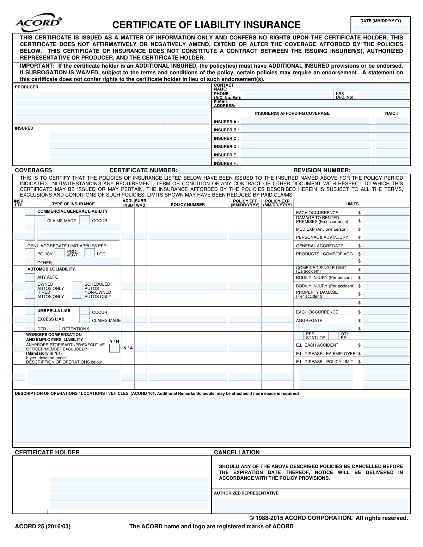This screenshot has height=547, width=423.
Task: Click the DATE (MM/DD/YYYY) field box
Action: [380, 29]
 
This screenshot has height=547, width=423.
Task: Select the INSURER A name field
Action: [306, 122]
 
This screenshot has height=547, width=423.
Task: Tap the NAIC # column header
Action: [392, 113]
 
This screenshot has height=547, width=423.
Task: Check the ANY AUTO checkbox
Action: [30, 277]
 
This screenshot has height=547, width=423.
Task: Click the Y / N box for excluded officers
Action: [114, 348]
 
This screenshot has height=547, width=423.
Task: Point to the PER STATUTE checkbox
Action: [299, 336]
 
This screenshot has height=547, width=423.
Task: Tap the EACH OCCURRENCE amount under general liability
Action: [385, 212]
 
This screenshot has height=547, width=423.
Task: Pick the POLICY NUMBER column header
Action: [188, 204]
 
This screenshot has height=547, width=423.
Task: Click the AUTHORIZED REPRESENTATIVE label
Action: [246, 493]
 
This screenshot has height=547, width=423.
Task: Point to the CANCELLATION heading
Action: [237, 452]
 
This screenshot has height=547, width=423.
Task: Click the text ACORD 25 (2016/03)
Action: [43, 526]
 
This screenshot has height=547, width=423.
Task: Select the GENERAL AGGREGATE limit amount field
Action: [385, 245]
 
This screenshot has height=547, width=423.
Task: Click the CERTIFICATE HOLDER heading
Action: [47, 452]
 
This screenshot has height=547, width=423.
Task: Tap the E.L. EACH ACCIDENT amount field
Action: [385, 345]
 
